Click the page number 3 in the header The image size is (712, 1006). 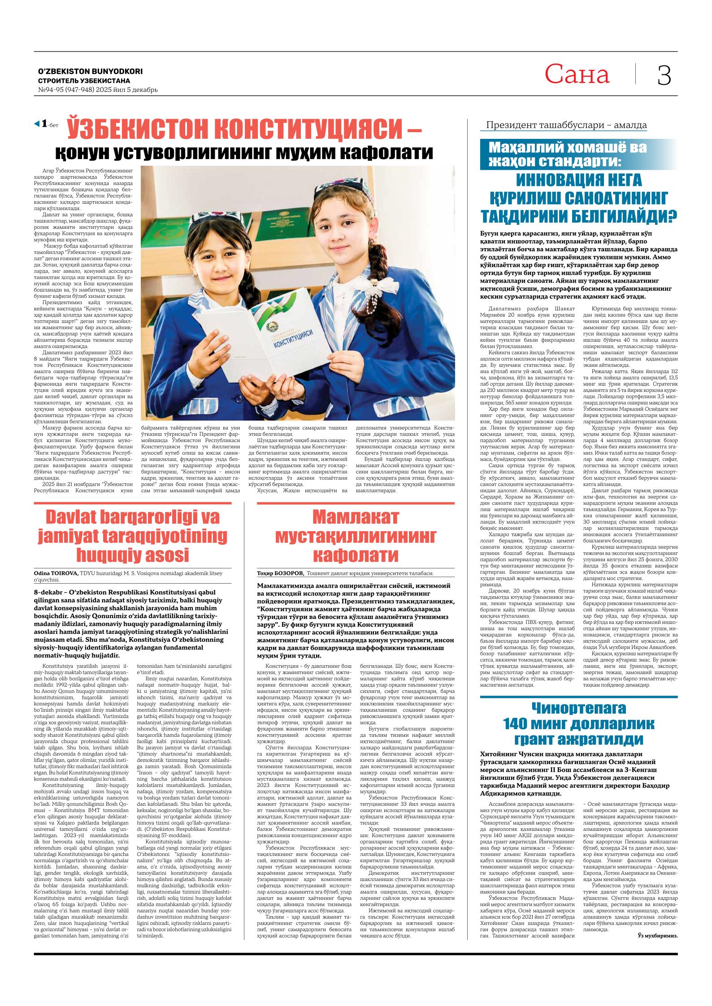pyautogui.click(x=664, y=75)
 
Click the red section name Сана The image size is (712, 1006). pyautogui.click(x=577, y=75)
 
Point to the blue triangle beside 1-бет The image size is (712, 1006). pyautogui.click(x=37, y=123)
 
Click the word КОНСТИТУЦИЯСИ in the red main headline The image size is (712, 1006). pyautogui.click(x=309, y=129)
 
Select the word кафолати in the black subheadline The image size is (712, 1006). pyautogui.click(x=386, y=152)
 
